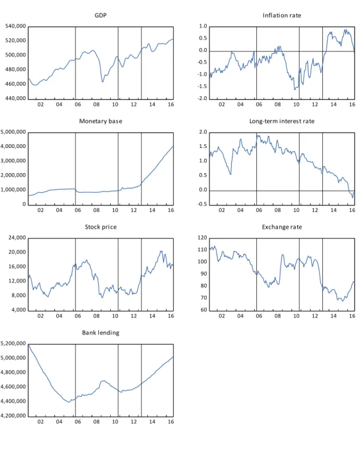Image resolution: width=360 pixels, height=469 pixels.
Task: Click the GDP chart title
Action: pos(101,15)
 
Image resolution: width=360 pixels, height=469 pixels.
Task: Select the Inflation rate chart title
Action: pos(282,15)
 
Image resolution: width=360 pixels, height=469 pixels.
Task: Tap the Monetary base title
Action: pos(101,121)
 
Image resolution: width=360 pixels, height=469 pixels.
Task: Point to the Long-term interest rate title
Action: pos(282,121)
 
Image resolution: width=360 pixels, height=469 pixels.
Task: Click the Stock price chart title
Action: pos(101,227)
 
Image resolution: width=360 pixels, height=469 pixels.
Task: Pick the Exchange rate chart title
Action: pos(282,227)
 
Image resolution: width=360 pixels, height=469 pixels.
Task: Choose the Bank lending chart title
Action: pos(101,332)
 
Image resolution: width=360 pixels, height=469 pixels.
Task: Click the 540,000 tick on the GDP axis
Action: pos(16,26)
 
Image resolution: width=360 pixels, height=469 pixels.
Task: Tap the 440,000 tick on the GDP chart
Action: pos(16,98)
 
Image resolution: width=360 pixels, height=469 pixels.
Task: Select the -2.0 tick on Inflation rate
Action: pos(202,98)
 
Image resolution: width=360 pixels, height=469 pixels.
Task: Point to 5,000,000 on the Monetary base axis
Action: pos(13,132)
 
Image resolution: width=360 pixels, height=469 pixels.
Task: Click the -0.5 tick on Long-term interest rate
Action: pos(202,204)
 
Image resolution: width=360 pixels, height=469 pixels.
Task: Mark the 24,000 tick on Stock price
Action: pos(17,238)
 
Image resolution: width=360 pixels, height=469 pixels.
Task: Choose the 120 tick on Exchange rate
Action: pos(202,238)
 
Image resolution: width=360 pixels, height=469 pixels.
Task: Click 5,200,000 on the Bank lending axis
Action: pos(13,344)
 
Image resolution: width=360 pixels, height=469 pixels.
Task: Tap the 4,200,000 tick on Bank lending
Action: pos(13,416)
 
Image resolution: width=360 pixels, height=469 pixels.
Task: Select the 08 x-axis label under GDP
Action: pos(96,104)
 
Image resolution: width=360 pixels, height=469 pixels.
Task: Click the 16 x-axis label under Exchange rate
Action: pos(352,316)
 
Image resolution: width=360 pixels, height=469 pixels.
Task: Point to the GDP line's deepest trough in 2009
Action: pos(102,82)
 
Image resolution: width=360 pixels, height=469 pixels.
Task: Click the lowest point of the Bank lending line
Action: pos(68,402)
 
